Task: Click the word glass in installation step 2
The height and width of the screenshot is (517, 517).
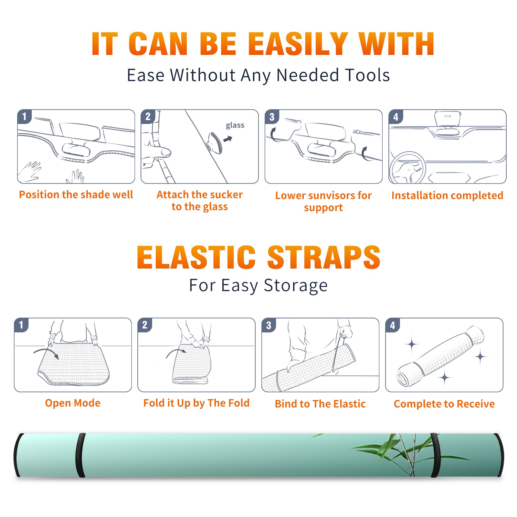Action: pyautogui.click(x=235, y=125)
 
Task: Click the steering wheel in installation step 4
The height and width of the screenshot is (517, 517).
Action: pyautogui.click(x=407, y=168)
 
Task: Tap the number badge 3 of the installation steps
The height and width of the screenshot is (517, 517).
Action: pyautogui.click(x=272, y=117)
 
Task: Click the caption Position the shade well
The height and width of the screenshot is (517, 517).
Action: pyautogui.click(x=76, y=195)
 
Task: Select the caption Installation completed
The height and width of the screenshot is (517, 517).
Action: pyautogui.click(x=447, y=195)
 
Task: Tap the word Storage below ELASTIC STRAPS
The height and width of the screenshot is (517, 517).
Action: pyautogui.click(x=296, y=286)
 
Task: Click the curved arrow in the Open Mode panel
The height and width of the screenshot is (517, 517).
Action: pyautogui.click(x=46, y=353)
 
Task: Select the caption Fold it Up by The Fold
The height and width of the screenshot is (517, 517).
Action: pyautogui.click(x=196, y=403)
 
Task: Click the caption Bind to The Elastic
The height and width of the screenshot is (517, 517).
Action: pyautogui.click(x=320, y=404)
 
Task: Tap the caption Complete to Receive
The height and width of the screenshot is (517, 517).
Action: pyautogui.click(x=444, y=404)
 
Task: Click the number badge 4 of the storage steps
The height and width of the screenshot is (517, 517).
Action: pyautogui.click(x=393, y=325)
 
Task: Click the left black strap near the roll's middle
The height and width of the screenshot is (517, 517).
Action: pyautogui.click(x=80, y=455)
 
